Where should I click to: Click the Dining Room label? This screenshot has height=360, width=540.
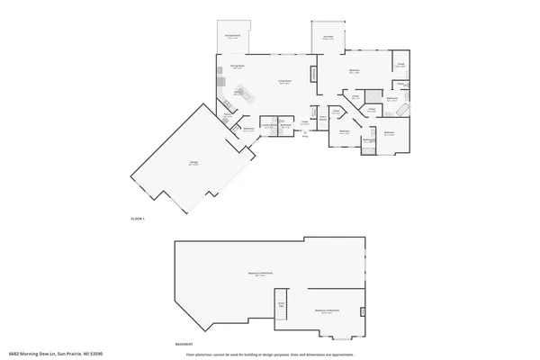pyautogui.click(x=238, y=67)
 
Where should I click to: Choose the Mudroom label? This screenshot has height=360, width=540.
pyautogui.click(x=248, y=130)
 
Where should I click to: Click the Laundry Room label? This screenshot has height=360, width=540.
pyautogui.click(x=267, y=126)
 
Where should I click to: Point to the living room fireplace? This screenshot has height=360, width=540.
pyautogui.click(x=313, y=74)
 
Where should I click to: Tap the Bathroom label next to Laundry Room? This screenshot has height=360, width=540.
pyautogui.click(x=284, y=126)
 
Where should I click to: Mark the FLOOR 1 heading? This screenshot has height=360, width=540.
pyautogui.click(x=138, y=219)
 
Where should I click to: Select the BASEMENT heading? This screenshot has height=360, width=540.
pyautogui.click(x=184, y=344)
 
